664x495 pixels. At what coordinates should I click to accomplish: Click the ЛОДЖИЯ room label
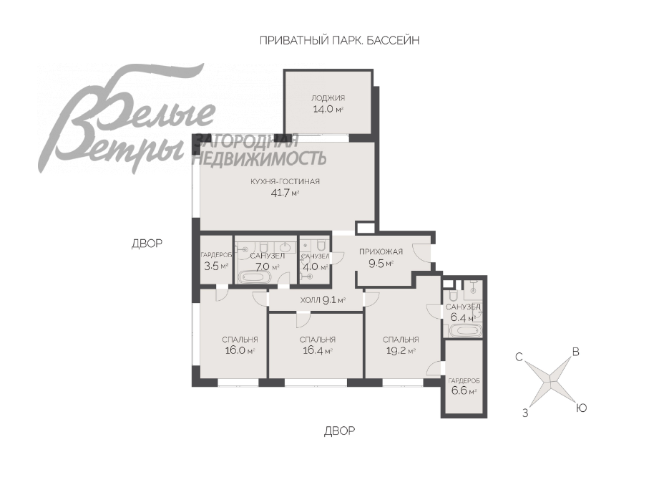328,98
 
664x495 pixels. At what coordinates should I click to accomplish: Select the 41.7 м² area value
285,193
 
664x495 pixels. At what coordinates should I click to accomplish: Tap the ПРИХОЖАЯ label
381,251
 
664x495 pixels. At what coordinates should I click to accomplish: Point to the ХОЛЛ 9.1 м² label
323,300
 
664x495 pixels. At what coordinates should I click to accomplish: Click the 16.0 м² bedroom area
240,351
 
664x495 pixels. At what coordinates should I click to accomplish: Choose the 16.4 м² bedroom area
318,351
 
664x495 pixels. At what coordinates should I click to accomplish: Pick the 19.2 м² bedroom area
401,351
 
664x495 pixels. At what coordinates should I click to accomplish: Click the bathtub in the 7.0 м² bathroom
254,278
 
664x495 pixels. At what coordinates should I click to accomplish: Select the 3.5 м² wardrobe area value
216,266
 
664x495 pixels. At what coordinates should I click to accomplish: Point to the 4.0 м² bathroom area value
315,267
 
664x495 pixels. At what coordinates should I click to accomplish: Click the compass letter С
519,357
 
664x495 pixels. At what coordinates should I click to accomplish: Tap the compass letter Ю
582,408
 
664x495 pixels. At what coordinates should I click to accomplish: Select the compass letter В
575,352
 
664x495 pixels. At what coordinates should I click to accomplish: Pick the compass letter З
525,413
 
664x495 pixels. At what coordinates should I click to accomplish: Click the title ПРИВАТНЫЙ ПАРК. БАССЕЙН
339,40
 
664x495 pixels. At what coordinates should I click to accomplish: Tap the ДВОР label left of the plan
147,244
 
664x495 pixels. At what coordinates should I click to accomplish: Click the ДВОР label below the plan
340,431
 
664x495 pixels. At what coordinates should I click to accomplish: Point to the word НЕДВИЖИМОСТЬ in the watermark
259,158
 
